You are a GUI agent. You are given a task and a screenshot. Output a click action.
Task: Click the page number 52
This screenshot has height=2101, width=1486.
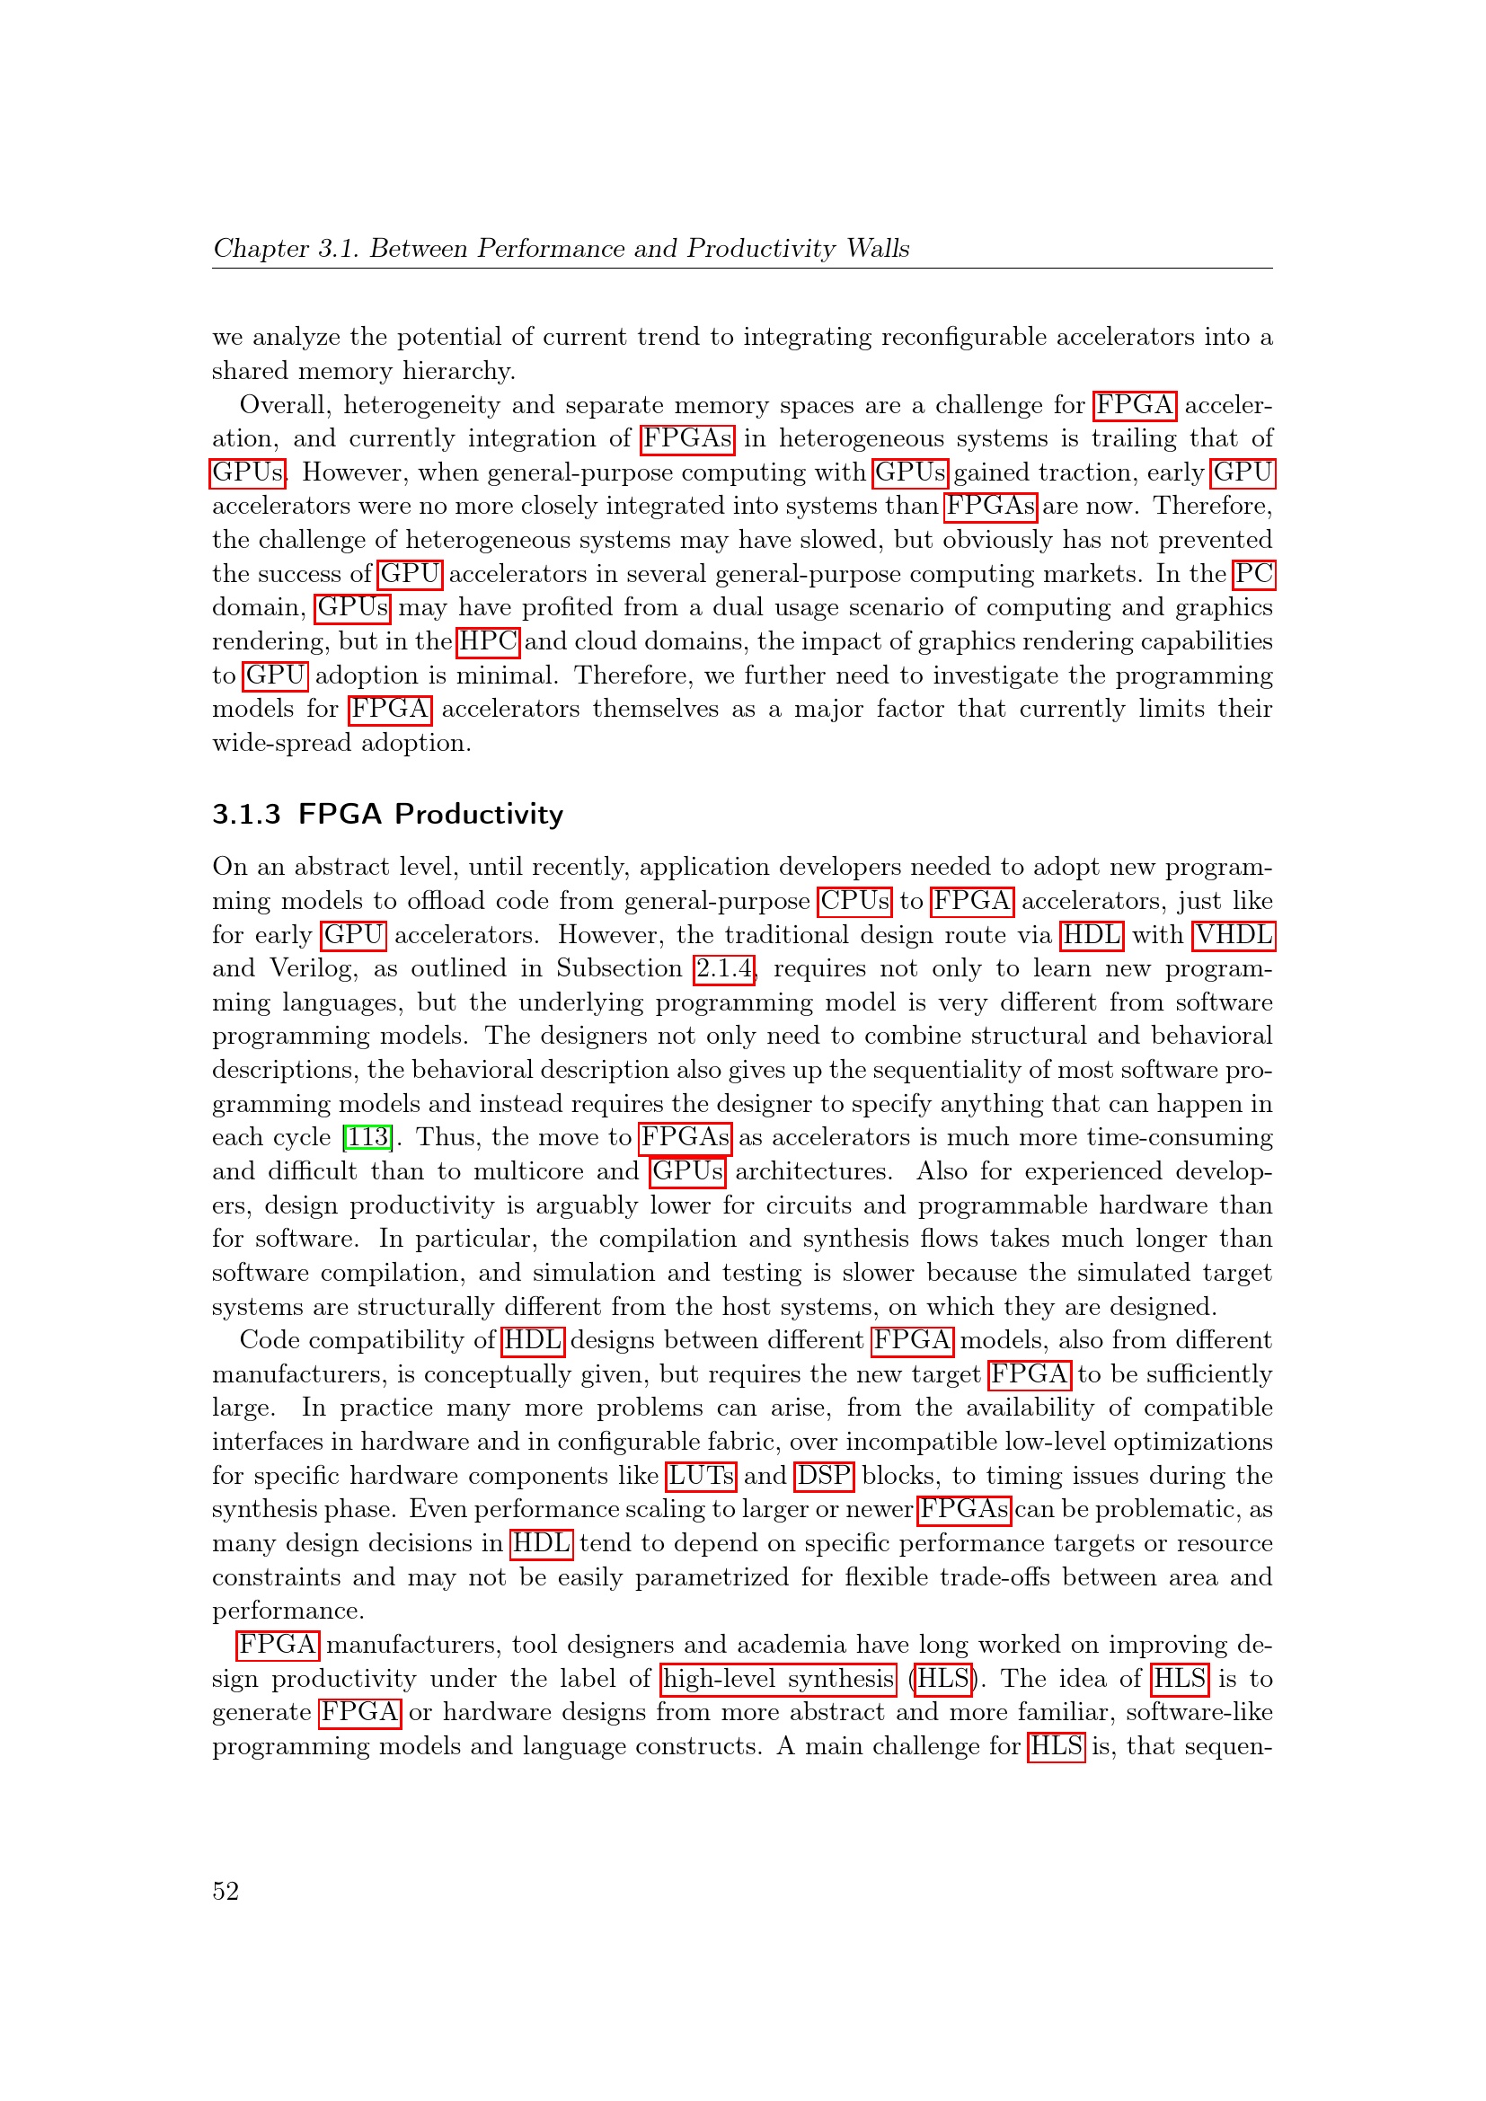point(226,1891)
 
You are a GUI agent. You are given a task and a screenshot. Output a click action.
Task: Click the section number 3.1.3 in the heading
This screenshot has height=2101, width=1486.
point(246,814)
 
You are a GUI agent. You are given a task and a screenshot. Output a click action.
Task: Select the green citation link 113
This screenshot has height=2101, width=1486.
point(367,1137)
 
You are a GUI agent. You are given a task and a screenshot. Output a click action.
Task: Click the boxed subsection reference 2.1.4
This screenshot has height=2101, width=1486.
point(724,968)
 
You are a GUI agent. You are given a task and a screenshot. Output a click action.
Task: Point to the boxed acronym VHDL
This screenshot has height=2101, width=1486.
point(1234,934)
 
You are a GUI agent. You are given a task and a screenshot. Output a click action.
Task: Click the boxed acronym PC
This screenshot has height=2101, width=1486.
point(1253,574)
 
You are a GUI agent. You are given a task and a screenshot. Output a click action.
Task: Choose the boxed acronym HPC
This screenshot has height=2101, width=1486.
point(488,641)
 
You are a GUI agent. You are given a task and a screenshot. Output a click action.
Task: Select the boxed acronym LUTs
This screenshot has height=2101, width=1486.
point(701,1475)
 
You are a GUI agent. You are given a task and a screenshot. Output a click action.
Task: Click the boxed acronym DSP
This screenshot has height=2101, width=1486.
point(824,1475)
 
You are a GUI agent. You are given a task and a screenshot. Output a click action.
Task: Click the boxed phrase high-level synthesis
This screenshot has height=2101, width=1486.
point(779,1678)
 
